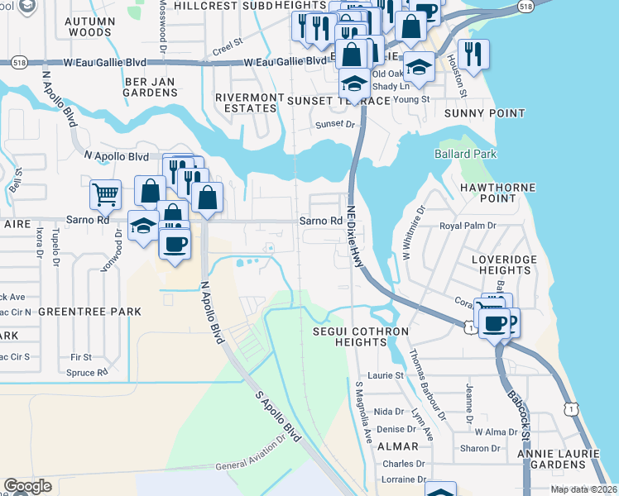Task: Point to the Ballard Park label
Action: (x=465, y=155)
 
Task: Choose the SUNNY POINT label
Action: (x=484, y=113)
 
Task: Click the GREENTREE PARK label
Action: (x=89, y=312)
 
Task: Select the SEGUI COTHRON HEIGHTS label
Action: (x=361, y=336)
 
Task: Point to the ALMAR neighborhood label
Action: (x=397, y=446)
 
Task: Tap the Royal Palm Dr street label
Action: (x=467, y=225)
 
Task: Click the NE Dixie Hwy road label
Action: (x=354, y=236)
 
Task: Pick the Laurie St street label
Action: (x=385, y=375)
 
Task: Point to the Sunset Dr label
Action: (x=334, y=125)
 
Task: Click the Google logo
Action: (x=27, y=486)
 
